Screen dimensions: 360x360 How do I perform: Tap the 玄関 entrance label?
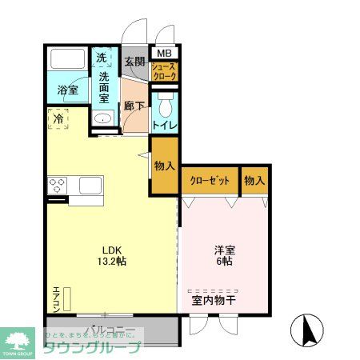point(134,62)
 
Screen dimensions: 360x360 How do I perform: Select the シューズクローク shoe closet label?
point(164,70)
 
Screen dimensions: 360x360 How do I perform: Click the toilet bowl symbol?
point(165,106)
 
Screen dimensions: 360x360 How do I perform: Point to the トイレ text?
point(165,125)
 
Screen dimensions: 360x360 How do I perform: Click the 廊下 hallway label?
point(133,104)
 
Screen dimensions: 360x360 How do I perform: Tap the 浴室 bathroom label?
point(68,90)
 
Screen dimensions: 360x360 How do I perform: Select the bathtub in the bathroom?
point(68,61)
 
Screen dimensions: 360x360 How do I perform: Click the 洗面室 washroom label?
point(104,88)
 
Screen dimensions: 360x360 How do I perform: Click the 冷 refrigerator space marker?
point(58,119)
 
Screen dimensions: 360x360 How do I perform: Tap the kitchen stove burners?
point(58,186)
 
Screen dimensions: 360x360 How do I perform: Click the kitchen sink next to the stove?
point(89,186)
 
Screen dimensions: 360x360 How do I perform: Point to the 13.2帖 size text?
point(109,260)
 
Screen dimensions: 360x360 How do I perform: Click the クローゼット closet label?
point(210,181)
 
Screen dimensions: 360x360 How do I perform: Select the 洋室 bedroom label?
point(223,249)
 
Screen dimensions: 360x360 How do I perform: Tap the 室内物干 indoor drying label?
point(214,302)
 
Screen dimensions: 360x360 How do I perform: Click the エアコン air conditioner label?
point(56,300)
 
